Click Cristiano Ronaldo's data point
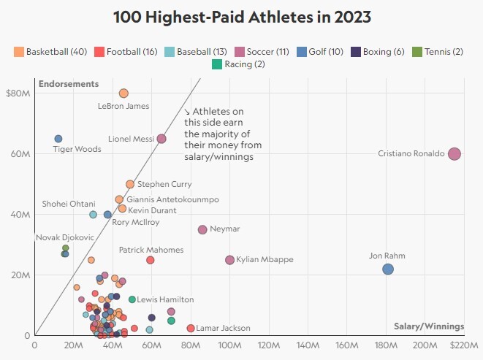pyautogui.click(x=455, y=153)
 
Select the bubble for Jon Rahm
pyautogui.click(x=388, y=269)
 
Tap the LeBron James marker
pyautogui.click(x=123, y=93)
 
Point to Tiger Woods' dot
pyautogui.click(x=58, y=139)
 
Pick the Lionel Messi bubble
pyautogui.click(x=161, y=139)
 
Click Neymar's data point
pyautogui.click(x=202, y=229)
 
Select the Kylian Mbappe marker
pyautogui.click(x=229, y=260)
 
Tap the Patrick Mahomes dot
pyautogui.click(x=151, y=260)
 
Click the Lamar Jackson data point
pyautogui.click(x=191, y=329)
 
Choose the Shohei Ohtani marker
pyautogui.click(x=93, y=215)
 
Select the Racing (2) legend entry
pyautogui.click(x=238, y=64)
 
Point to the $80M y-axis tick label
pyautogui.click(x=17, y=93)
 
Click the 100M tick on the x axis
pyautogui.click(x=229, y=345)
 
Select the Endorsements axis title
pyautogui.click(x=68, y=83)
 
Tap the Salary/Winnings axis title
pyautogui.click(x=428, y=326)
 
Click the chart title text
pyautogui.click(x=241, y=18)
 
